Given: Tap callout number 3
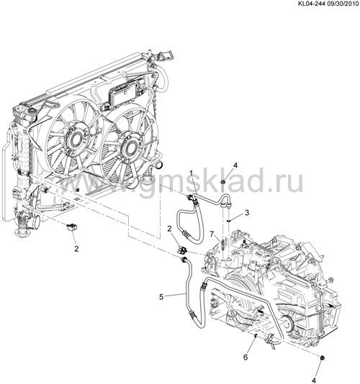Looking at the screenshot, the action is click(247, 213).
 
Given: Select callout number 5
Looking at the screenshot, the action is click(161, 297).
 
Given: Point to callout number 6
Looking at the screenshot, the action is click(246, 357).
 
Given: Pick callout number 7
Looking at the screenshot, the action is click(212, 234).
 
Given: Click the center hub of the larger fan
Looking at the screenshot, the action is click(75, 140).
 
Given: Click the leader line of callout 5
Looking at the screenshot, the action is click(175, 295).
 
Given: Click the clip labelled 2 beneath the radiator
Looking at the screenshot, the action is click(71, 227).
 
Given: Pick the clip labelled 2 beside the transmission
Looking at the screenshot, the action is click(182, 250).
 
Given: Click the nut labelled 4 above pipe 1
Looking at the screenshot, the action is click(223, 182).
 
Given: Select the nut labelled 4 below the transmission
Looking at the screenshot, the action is click(323, 358).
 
